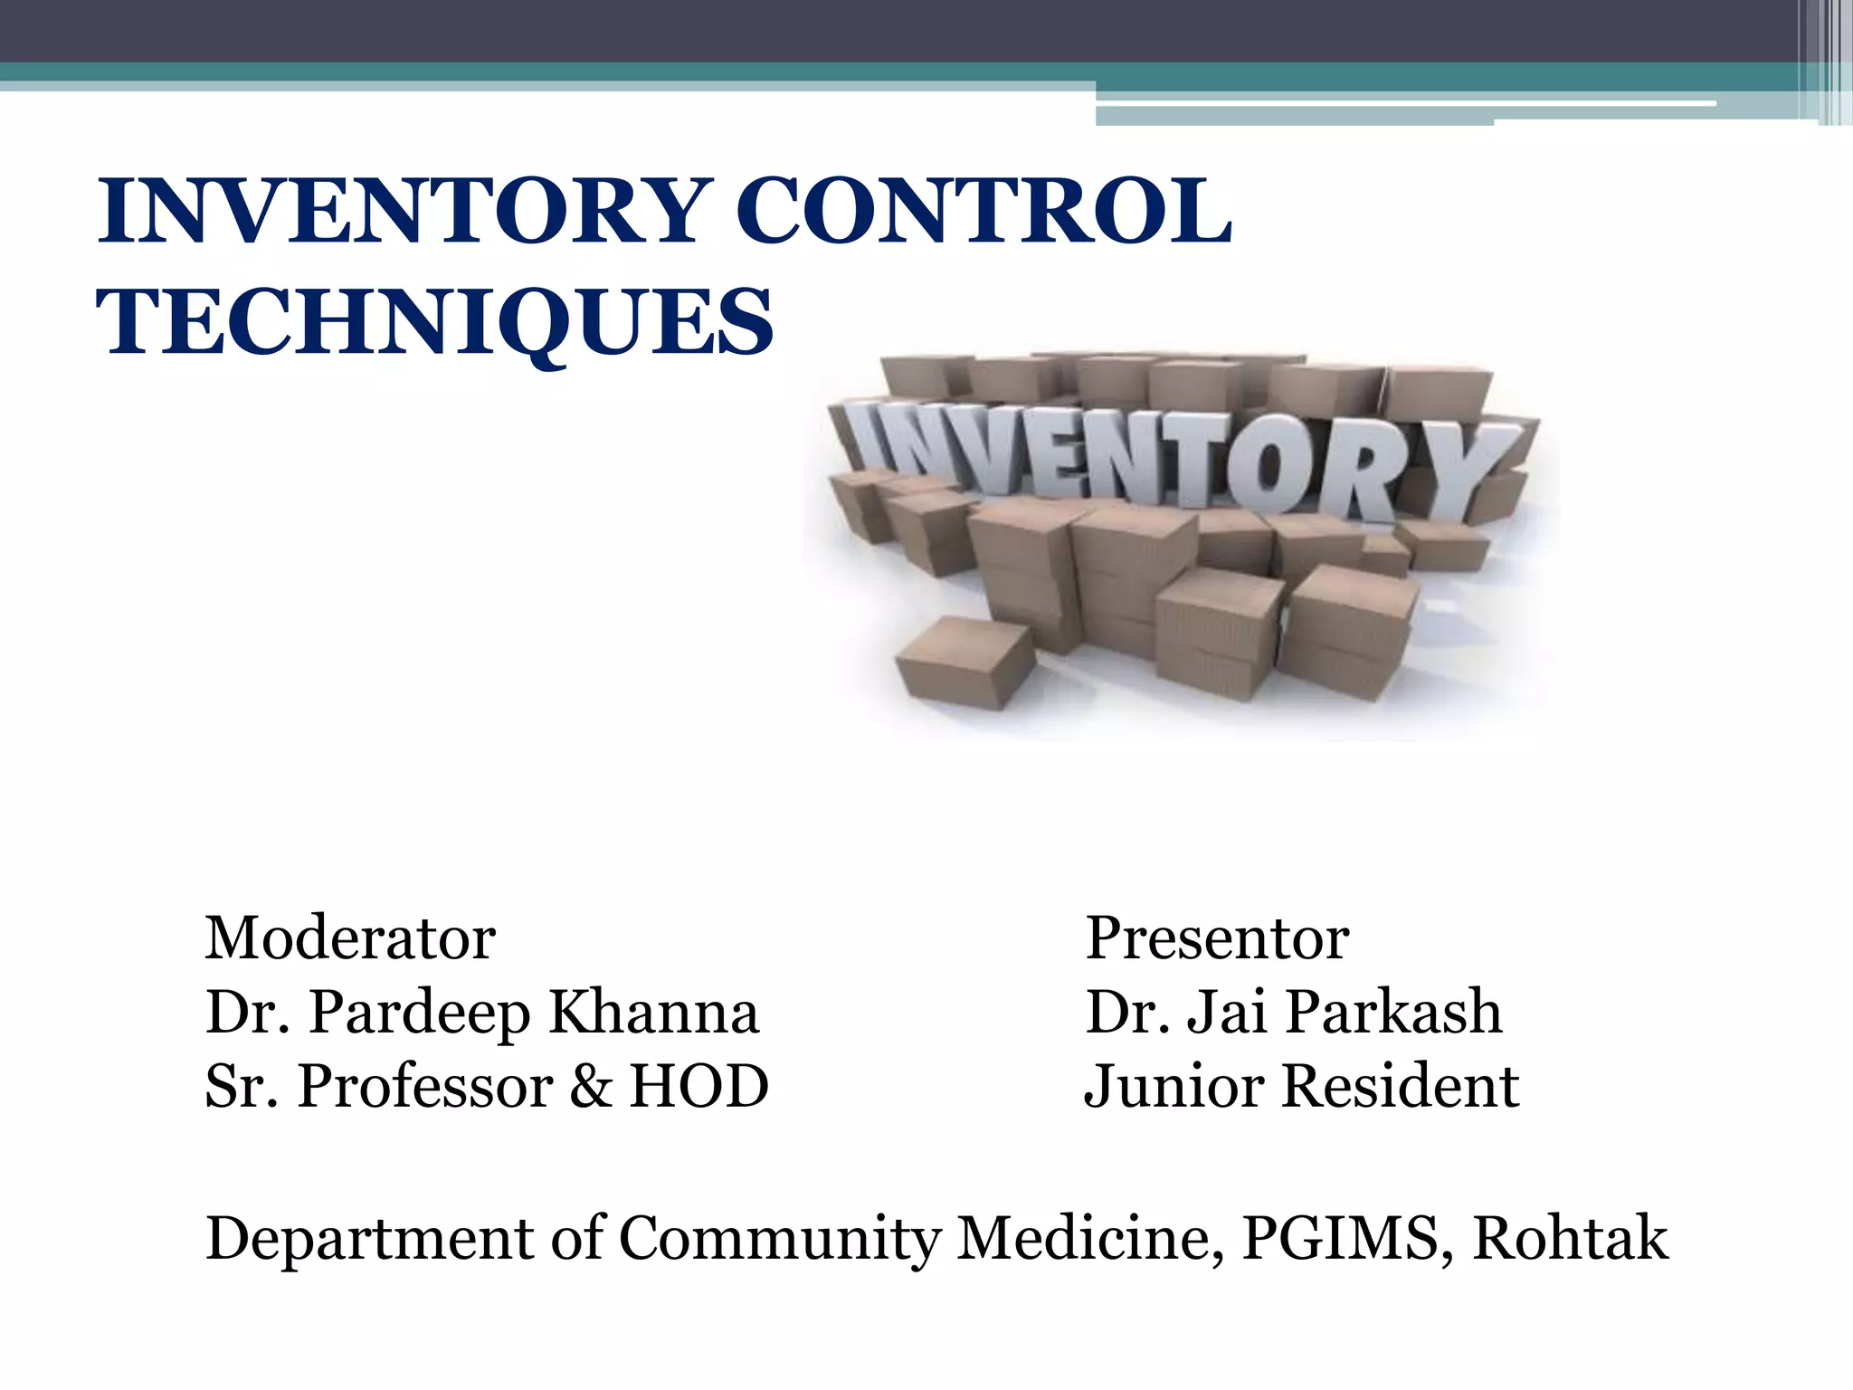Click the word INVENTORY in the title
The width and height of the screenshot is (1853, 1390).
pos(399,212)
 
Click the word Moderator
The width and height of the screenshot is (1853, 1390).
pos(350,938)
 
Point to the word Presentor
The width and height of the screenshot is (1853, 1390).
pos(1217,938)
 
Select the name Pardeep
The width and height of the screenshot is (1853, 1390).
pos(420,1014)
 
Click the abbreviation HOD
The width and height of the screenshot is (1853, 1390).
pos(698,1086)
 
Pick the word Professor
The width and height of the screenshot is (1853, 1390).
pos(425,1086)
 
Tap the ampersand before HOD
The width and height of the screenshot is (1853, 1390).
pos(591,1086)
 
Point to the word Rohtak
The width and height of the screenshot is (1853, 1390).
pos(1570,1238)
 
